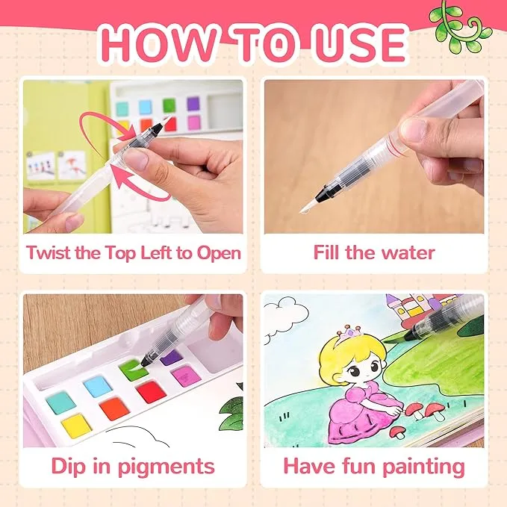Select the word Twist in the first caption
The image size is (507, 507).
point(49,252)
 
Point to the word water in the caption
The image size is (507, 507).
point(408,253)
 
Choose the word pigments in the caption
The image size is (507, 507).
point(166,467)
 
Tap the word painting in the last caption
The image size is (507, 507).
point(423,467)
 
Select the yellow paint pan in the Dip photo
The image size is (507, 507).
point(76,426)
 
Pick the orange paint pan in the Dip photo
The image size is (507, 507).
point(114,408)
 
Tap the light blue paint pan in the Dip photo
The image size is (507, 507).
point(96,386)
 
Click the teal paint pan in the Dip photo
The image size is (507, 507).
point(60,402)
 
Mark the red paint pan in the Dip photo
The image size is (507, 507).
point(151,392)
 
